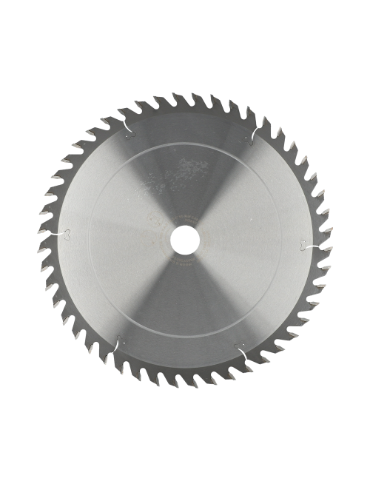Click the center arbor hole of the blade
tap(184, 240)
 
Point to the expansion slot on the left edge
tap(62, 235)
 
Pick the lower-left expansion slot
tap(118, 346)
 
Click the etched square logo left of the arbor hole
tap(158, 239)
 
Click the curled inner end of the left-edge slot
tap(70, 236)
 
